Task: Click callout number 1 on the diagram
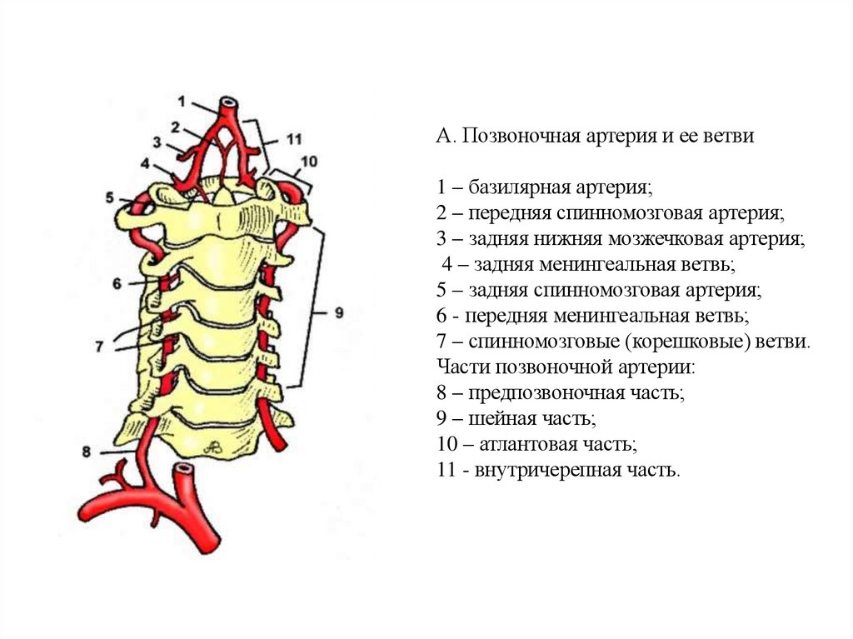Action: coord(182,101)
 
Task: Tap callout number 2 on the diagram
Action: coord(177,127)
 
